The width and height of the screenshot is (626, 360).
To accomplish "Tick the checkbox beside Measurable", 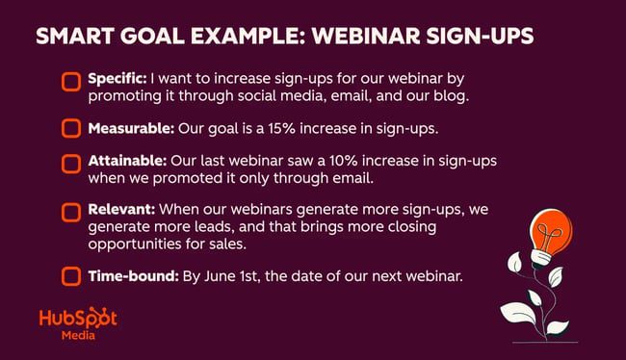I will [x=71, y=128].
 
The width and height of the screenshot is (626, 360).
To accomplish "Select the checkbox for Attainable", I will [x=71, y=163].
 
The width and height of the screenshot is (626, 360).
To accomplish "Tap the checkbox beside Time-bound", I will [x=71, y=277].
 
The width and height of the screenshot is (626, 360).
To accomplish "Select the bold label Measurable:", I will [x=131, y=128].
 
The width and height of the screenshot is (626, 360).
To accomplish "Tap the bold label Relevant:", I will [x=119, y=207].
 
